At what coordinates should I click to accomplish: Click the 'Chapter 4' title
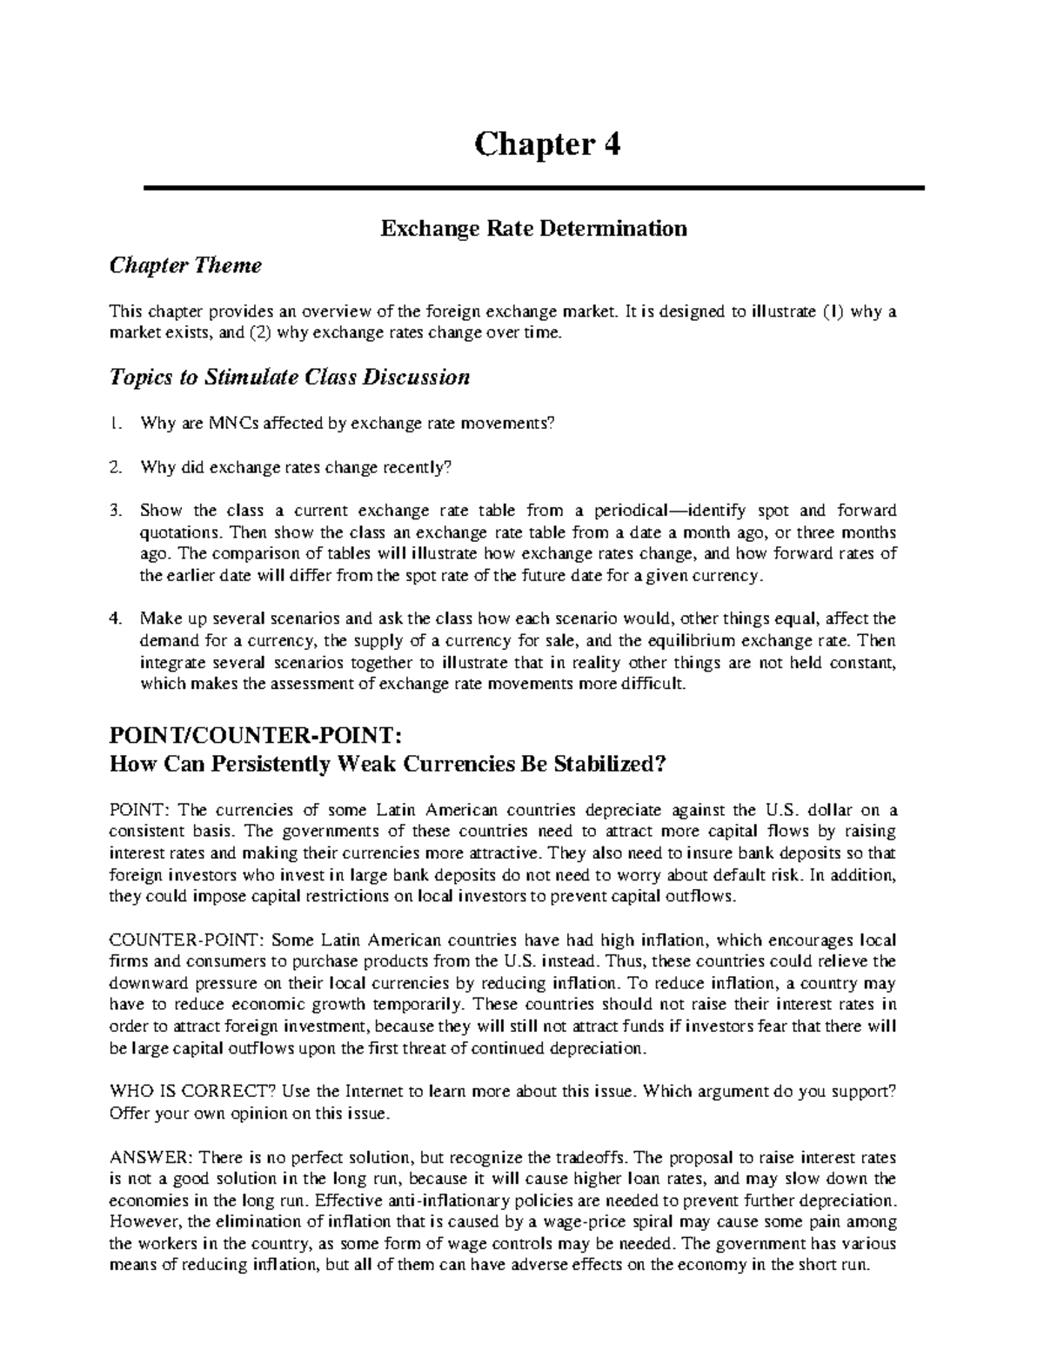pos(546,145)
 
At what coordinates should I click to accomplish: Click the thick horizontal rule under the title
pos(532,188)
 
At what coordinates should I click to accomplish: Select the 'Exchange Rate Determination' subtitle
pos(533,229)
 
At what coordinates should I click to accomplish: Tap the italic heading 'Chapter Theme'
pos(184,265)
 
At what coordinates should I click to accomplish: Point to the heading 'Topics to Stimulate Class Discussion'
pos(289,377)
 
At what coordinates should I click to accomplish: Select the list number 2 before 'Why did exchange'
pos(114,467)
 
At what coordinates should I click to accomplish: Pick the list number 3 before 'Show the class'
pos(114,511)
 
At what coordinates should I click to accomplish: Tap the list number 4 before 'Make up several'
pos(114,619)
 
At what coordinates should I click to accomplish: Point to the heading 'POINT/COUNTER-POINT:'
pos(255,736)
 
